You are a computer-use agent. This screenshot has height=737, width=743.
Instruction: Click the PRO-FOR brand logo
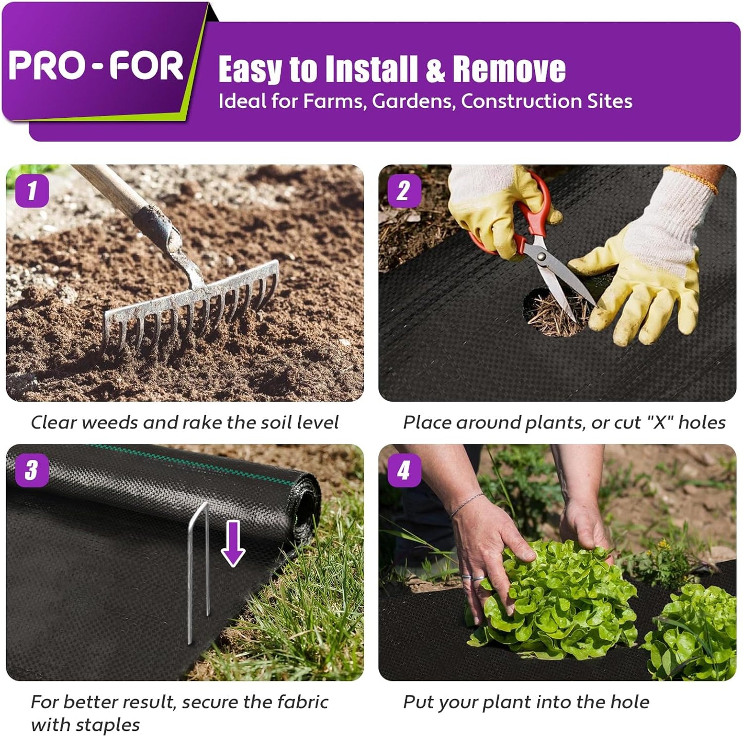tap(96, 66)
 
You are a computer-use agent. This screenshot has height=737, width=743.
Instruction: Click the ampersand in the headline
tap(435, 70)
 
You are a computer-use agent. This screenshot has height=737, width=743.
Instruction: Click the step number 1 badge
tap(32, 191)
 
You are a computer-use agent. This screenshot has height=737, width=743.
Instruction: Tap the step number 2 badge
tap(404, 191)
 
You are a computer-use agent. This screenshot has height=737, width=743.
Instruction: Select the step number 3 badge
tap(32, 470)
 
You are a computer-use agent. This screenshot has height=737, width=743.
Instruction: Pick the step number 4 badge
tap(404, 470)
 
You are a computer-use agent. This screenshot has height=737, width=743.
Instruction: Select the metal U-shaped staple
tap(198, 566)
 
